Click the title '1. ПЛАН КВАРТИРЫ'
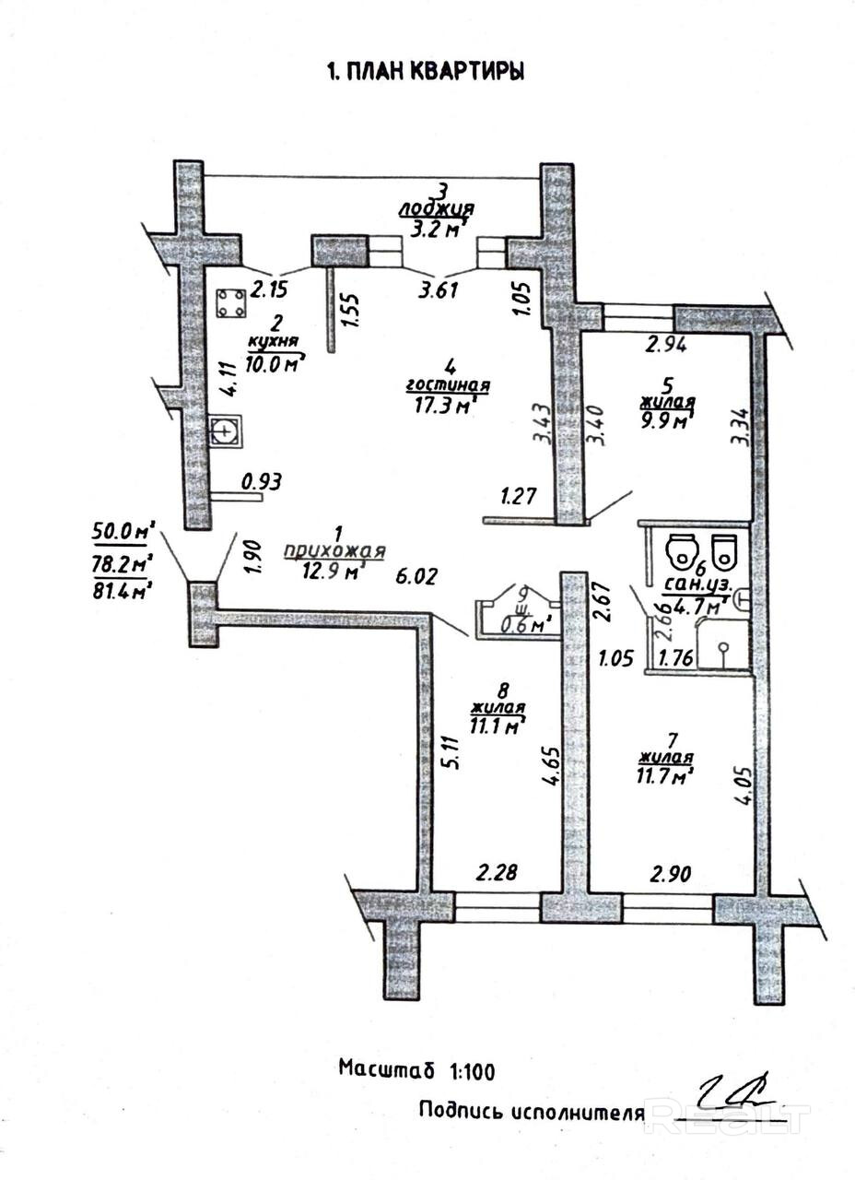click(x=426, y=73)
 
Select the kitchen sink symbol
click(x=226, y=431)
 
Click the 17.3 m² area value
click(x=446, y=403)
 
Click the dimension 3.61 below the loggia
click(x=440, y=291)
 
